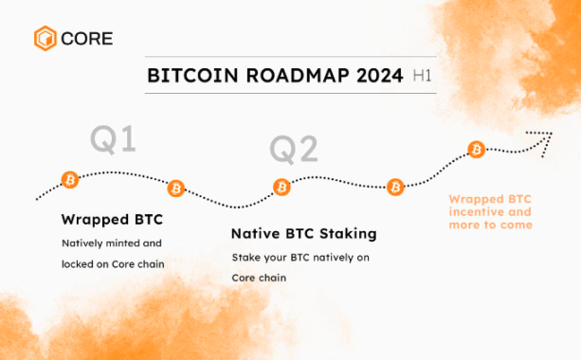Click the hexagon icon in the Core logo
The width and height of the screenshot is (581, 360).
tap(45, 39)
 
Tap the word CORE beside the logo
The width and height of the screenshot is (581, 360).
tap(87, 39)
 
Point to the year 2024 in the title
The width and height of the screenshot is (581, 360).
tap(376, 76)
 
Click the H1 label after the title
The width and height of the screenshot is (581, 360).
tap(422, 76)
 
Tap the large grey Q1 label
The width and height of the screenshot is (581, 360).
tap(113, 139)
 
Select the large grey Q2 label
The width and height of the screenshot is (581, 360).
tap(294, 150)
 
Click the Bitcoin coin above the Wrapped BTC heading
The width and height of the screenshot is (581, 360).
tap(69, 179)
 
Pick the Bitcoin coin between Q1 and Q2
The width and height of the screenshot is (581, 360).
tap(176, 188)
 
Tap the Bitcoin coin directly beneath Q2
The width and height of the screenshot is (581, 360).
tap(281, 187)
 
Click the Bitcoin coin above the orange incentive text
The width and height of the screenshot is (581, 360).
tap(477, 150)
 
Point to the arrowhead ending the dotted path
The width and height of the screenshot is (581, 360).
tap(545, 135)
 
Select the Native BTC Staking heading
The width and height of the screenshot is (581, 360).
tap(304, 233)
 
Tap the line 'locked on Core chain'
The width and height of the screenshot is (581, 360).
tap(113, 263)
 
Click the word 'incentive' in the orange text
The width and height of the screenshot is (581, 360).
tap(474, 212)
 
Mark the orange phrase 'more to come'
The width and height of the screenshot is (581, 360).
tap(491, 225)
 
